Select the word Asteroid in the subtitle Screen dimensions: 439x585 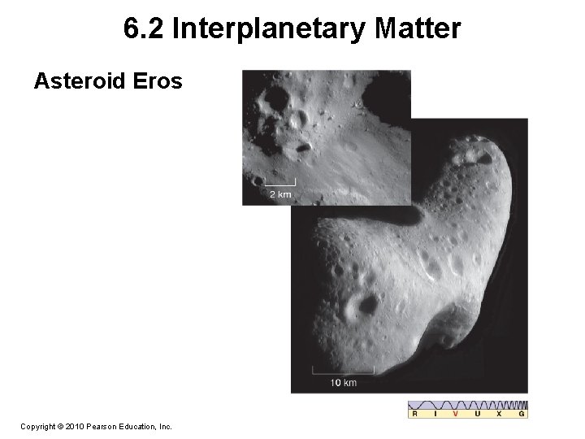pyautogui.click(x=80, y=81)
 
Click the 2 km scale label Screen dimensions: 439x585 pyautogui.click(x=279, y=193)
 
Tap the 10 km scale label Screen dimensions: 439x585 pyautogui.click(x=344, y=382)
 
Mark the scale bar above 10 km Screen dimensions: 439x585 pyautogui.click(x=343, y=372)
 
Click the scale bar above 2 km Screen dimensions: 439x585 pyautogui.click(x=279, y=183)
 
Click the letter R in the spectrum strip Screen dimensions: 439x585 pyautogui.click(x=416, y=415)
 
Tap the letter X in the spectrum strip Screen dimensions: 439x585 pyautogui.click(x=500, y=415)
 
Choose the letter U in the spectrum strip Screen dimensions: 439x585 pyautogui.click(x=479, y=415)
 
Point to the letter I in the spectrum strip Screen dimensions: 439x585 pyautogui.click(x=436, y=415)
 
